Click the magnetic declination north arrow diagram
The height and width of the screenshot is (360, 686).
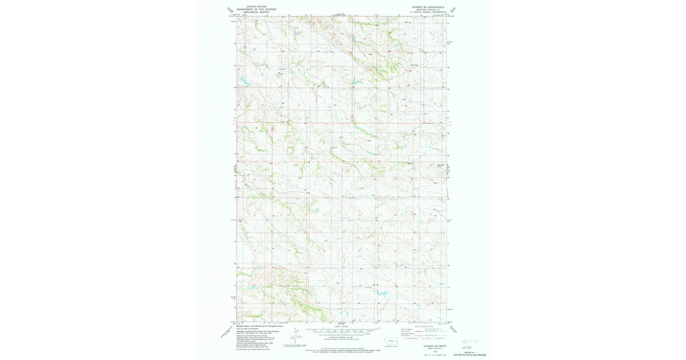point(295,336)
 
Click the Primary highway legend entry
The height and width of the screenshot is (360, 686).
point(407,329)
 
